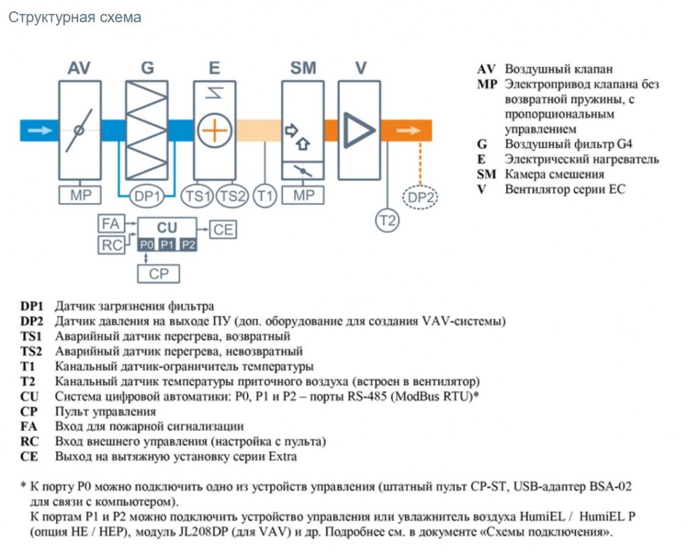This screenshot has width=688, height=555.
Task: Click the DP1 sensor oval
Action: [x=147, y=196]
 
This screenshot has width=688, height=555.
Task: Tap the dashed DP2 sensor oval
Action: [x=421, y=197]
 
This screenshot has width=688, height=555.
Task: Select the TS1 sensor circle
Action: [x=198, y=196]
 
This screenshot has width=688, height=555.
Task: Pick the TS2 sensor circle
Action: [x=232, y=196]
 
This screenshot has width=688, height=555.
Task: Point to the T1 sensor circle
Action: [x=265, y=196]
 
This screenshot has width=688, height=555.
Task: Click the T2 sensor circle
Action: [x=387, y=220]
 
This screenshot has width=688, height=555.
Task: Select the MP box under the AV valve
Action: [x=80, y=195]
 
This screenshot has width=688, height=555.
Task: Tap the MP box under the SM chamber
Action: [x=303, y=195]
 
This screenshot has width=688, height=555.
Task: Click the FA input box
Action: [x=111, y=224]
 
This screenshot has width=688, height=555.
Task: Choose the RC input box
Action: [x=111, y=245]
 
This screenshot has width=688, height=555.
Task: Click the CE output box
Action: [x=223, y=230]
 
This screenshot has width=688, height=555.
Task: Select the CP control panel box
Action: [x=159, y=273]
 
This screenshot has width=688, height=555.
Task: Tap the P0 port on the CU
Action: [x=146, y=245]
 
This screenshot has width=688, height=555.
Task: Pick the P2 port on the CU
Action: [x=188, y=245]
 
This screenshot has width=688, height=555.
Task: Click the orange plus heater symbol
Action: [x=214, y=130]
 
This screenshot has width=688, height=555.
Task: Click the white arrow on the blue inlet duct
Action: [x=40, y=130]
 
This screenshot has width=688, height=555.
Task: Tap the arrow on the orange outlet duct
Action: [x=408, y=130]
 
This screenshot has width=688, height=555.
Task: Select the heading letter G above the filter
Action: [x=147, y=68]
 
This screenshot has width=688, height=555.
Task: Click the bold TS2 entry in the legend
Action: [x=31, y=351]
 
